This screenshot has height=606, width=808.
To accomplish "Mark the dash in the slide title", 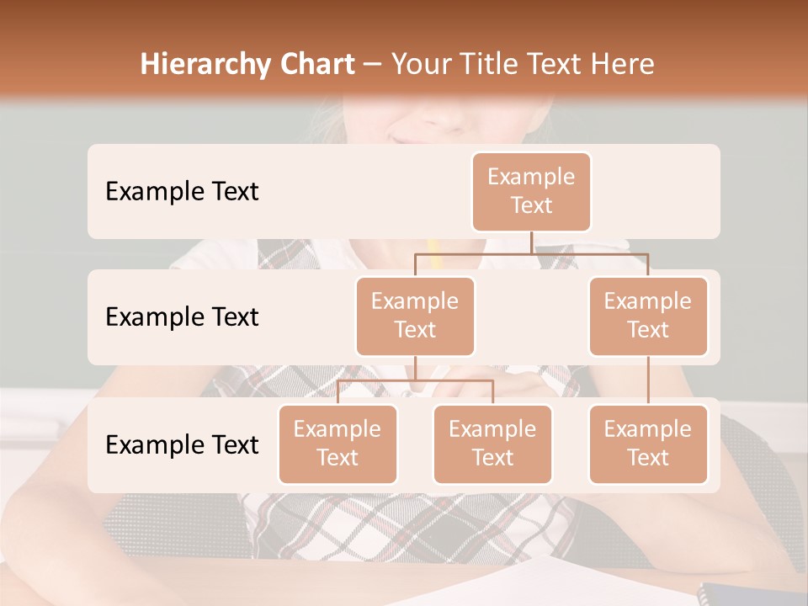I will click(372, 66).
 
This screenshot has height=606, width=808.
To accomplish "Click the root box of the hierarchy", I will click(531, 192).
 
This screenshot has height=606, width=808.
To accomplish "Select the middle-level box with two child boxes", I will click(415, 316).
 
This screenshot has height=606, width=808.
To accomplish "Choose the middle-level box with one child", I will click(648, 316).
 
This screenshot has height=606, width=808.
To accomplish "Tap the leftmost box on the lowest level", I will click(338, 444).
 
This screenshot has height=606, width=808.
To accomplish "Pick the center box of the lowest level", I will click(492, 444).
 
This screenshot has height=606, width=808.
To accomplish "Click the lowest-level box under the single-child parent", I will click(648, 444).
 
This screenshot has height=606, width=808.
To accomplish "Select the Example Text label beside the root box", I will click(182, 192).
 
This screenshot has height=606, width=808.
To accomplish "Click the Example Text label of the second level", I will click(182, 317).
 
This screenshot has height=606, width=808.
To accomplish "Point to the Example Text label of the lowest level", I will click(182, 445).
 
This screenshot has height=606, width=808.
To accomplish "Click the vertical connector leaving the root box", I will click(531, 242).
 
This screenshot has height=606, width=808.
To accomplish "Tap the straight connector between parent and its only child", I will click(648, 380).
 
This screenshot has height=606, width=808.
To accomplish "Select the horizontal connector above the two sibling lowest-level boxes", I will click(415, 380).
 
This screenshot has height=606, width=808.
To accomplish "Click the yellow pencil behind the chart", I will click(434, 252).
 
